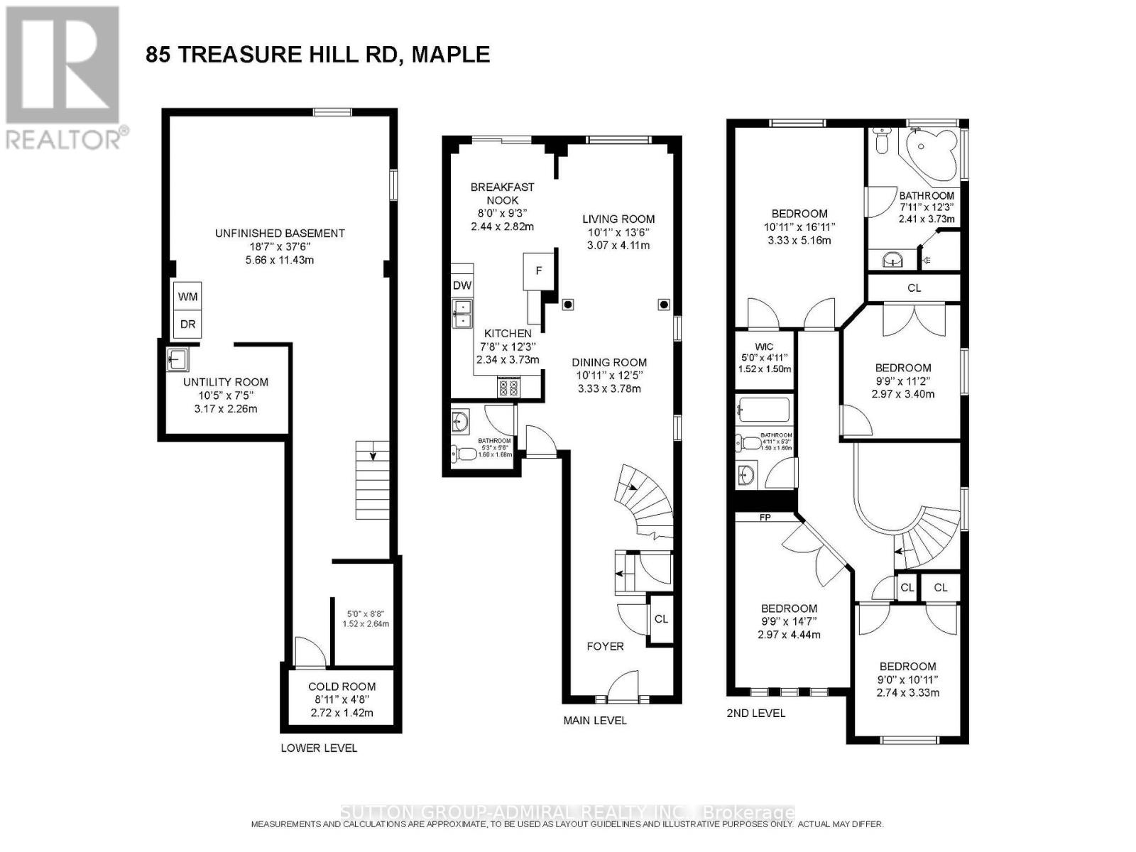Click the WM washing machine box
[187, 297]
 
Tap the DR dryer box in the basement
[187, 324]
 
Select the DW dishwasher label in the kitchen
[462, 285]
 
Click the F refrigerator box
[539, 271]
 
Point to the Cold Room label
[342, 687]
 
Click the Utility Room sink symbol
[177, 360]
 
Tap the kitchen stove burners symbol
[509, 388]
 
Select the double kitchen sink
[462, 313]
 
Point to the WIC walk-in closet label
[764, 346]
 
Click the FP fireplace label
[765, 518]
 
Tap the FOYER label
[605, 646]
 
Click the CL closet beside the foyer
[661, 619]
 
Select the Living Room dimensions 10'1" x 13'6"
[618, 232]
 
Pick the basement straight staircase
[373, 481]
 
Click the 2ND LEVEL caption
[756, 713]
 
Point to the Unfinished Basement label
[280, 233]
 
